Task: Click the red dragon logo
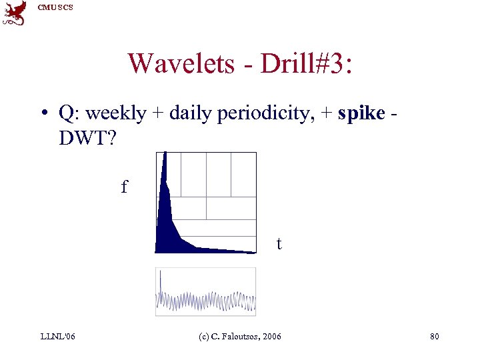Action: [x=15, y=13]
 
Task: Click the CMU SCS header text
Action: [x=55, y=7]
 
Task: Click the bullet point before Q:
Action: [x=43, y=114]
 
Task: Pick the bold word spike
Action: [x=361, y=113]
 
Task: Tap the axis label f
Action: [x=124, y=187]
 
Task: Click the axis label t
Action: [x=279, y=244]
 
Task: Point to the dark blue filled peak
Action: [x=167, y=220]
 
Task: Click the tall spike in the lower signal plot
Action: [x=161, y=283]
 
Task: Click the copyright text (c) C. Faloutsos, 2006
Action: [x=240, y=337]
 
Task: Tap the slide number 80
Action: [x=434, y=337]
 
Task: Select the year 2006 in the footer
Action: [x=271, y=337]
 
